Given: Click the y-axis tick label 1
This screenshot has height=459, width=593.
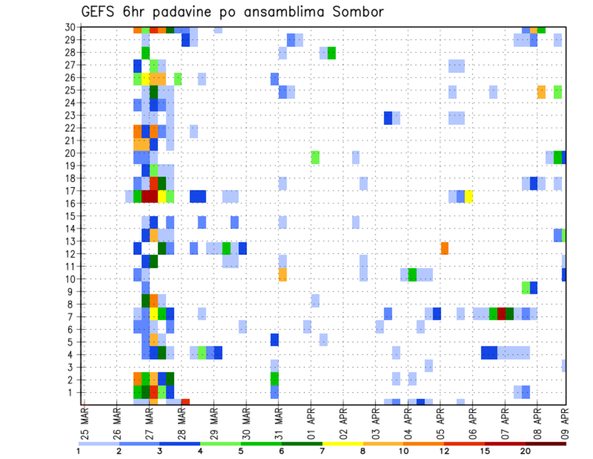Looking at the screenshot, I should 73,392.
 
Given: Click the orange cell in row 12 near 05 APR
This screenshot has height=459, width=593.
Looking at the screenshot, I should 444,248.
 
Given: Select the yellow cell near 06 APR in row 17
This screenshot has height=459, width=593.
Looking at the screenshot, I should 469,197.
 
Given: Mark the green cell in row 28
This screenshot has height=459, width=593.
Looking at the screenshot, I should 332,53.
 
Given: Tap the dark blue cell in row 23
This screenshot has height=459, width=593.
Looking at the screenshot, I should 388,118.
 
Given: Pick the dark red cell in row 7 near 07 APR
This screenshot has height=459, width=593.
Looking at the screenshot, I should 502,314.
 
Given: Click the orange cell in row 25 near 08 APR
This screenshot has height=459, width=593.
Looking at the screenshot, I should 541,92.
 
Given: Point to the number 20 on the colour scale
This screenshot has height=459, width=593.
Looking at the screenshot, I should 525,451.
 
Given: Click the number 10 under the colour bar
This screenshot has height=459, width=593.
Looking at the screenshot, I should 403,451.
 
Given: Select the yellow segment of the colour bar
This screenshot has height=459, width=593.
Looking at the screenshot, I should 343,444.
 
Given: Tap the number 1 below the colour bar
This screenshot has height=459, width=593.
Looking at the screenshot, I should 78,451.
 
